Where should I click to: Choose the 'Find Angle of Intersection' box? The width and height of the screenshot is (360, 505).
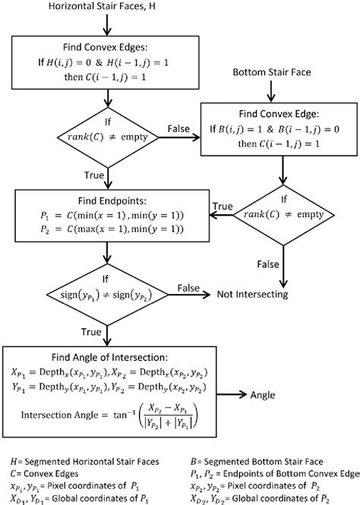pos(112,394)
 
